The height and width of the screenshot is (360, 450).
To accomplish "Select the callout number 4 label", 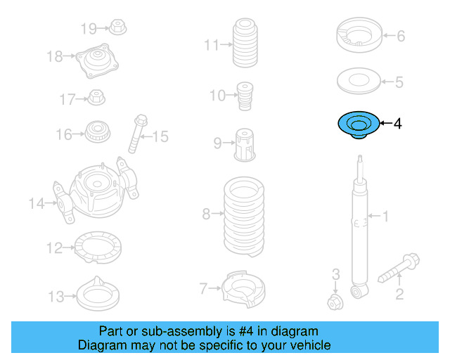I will coord(397,124).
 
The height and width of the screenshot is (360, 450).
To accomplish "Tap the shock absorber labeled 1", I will coord(359,232).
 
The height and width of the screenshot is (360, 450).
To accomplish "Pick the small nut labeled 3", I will coord(335,302).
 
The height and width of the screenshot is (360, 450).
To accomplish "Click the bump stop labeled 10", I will coord(245,96).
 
